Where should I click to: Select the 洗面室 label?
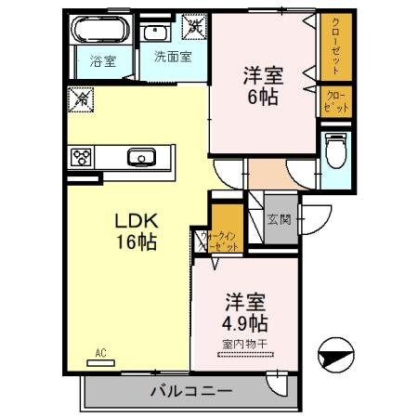point(173,56)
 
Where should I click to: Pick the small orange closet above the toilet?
point(335,101)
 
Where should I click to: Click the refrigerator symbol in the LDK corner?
point(80,98)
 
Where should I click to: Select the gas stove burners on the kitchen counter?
point(79,155)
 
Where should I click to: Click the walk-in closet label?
point(219,242)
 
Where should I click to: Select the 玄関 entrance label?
point(280,220)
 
